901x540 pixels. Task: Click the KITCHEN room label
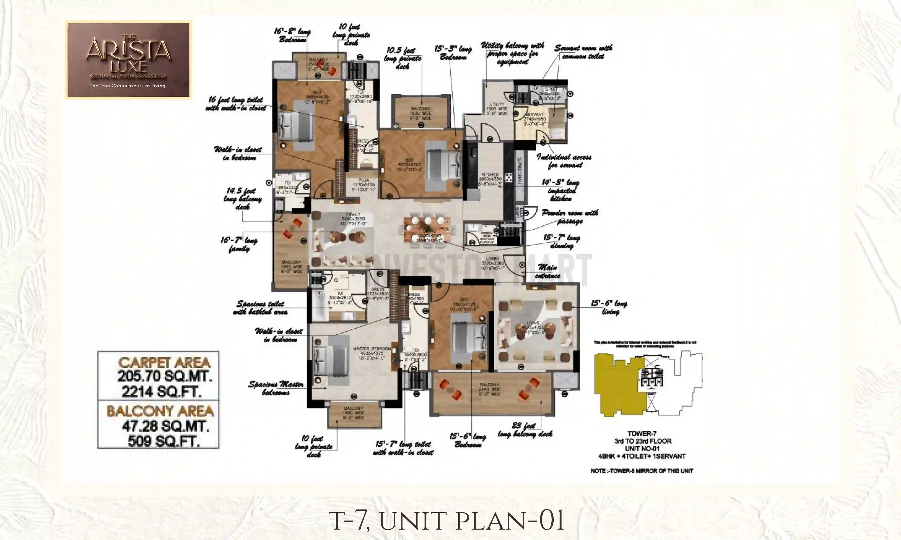tap(490, 175)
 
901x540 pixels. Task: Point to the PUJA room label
tap(364, 180)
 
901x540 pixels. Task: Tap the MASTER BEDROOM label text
tap(371, 349)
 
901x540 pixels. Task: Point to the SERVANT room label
tap(534, 115)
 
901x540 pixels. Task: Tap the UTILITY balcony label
tap(497, 104)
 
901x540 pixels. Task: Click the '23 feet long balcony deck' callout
tap(525, 430)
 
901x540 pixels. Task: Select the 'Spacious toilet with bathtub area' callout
tap(260, 308)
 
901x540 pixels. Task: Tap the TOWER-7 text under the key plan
tap(642, 433)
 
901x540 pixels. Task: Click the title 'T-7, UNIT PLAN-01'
tap(446, 521)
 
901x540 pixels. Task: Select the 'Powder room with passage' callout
tap(570, 217)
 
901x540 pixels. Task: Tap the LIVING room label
tap(532, 323)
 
